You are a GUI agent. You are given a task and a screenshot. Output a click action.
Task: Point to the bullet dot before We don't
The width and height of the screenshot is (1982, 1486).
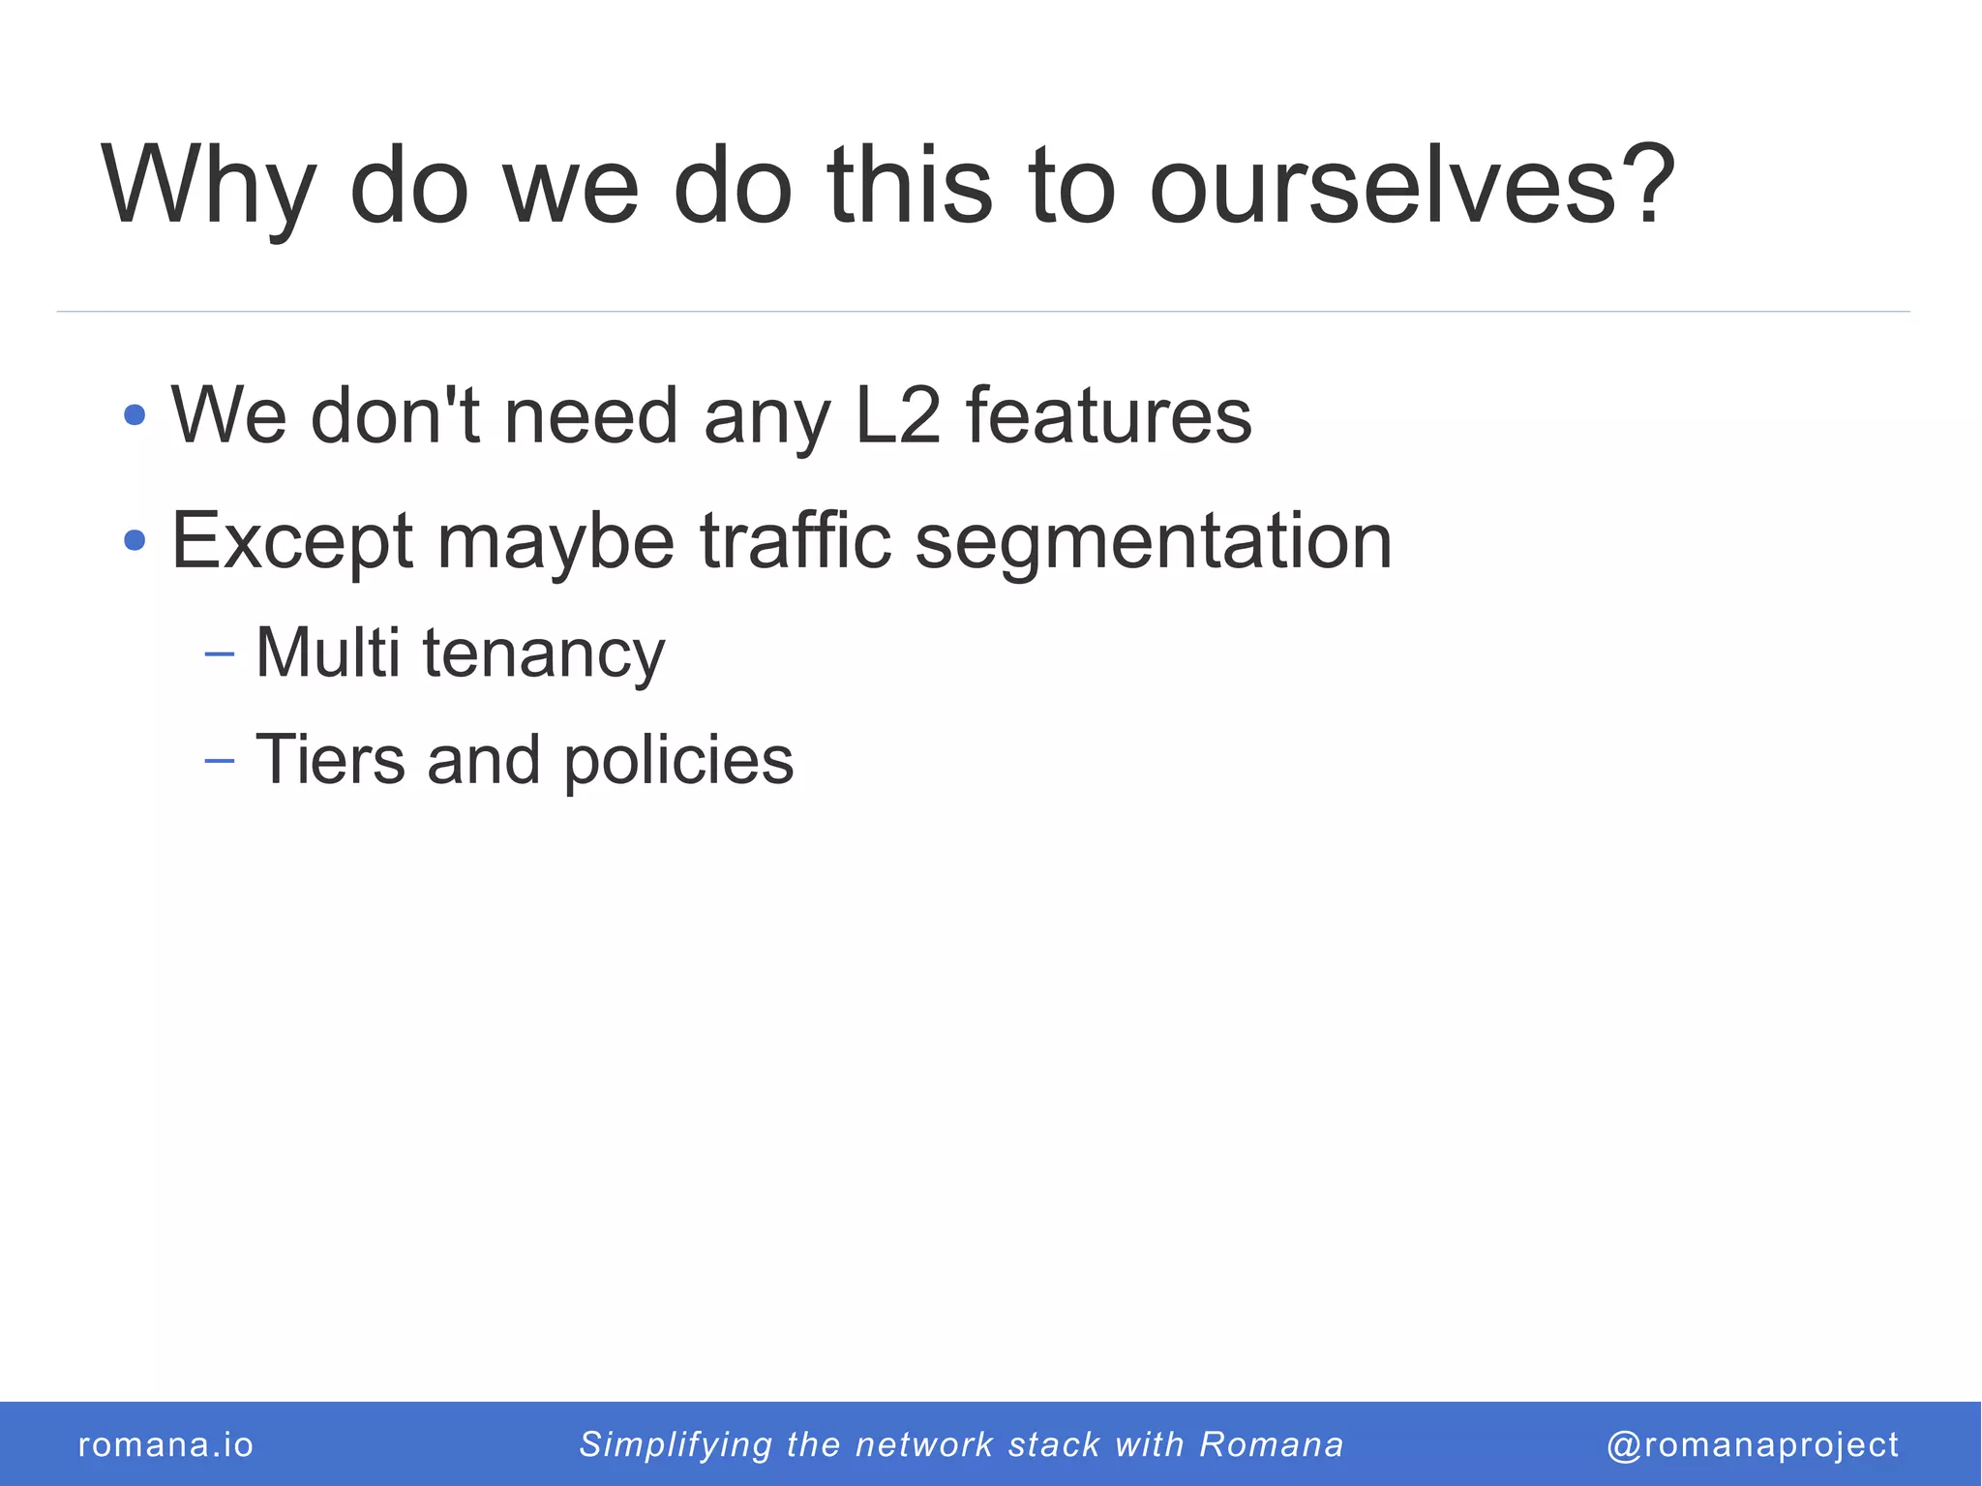point(135,416)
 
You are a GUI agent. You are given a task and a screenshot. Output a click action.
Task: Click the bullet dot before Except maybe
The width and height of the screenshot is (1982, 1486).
point(135,540)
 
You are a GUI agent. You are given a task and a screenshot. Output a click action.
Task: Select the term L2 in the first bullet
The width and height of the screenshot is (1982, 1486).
point(898,416)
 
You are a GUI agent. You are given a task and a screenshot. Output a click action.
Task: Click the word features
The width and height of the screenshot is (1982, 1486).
point(1108,416)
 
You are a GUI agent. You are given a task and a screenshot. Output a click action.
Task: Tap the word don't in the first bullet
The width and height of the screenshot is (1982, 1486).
point(395,416)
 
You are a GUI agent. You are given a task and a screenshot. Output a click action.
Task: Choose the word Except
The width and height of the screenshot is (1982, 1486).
point(292,542)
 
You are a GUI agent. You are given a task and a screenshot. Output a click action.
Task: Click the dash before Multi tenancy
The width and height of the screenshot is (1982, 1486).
point(220,655)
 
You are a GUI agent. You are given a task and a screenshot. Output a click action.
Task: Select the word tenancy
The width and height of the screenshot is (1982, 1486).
point(543,655)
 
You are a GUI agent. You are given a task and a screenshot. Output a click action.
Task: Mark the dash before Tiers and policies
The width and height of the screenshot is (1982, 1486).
point(220,761)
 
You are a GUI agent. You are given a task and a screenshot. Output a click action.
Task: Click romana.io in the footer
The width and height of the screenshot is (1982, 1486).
point(165,1444)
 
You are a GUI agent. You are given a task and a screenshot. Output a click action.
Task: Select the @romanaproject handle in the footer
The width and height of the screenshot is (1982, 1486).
point(1752,1444)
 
